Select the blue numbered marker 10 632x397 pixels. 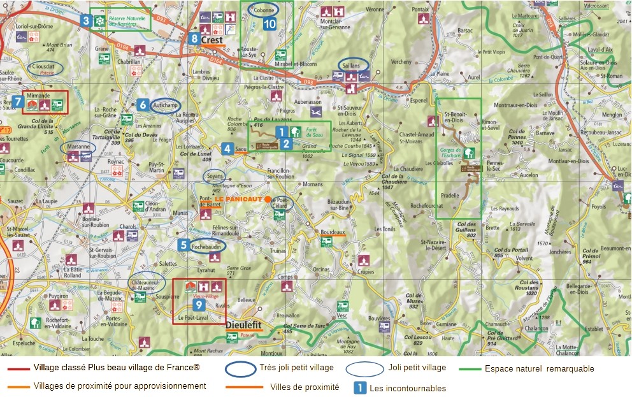(x=269, y=24)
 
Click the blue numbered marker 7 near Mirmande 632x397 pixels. (x=18, y=101)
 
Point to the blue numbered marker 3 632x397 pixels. (x=85, y=20)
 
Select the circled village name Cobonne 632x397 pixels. (x=264, y=10)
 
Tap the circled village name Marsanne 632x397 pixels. (x=78, y=147)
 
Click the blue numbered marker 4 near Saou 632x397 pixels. (x=227, y=149)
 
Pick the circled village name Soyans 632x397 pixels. (x=214, y=176)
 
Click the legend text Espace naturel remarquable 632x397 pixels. (x=539, y=368)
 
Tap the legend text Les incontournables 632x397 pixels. (x=408, y=387)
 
